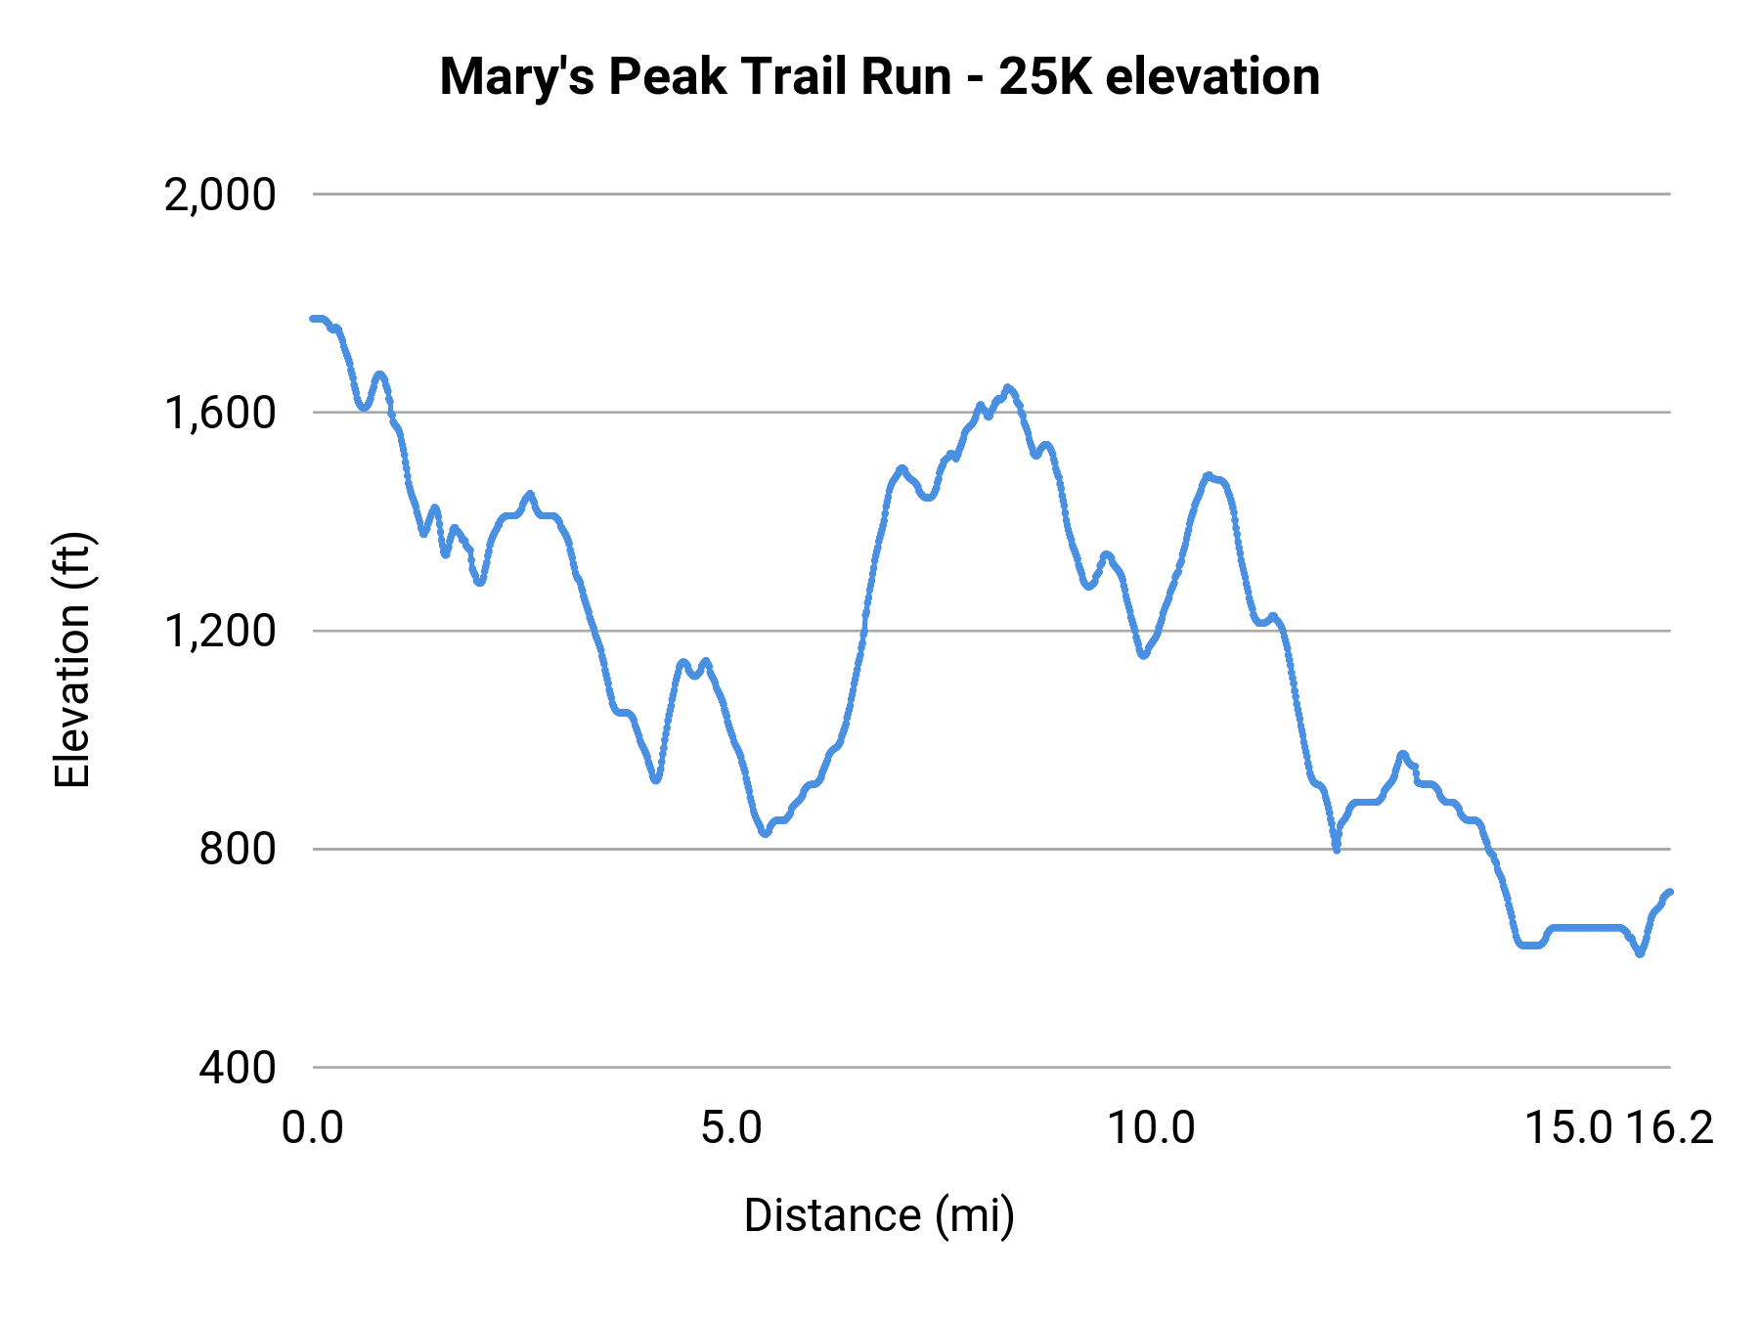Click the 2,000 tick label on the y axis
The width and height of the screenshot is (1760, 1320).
click(x=220, y=196)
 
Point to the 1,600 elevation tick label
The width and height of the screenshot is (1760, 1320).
click(x=220, y=414)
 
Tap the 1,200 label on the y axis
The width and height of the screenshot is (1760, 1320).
click(x=220, y=632)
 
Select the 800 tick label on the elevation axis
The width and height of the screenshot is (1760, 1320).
click(x=238, y=849)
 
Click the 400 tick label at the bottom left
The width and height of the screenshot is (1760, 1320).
click(x=238, y=1068)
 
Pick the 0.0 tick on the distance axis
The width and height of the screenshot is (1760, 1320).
click(x=313, y=1128)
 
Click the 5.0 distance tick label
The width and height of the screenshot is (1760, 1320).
click(x=731, y=1128)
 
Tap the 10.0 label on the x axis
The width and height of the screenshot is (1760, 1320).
click(x=1151, y=1128)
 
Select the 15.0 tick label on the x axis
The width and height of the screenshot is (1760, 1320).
click(x=1568, y=1128)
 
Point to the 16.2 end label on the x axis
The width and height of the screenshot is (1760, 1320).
click(x=1671, y=1128)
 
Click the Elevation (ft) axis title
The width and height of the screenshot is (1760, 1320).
click(x=72, y=660)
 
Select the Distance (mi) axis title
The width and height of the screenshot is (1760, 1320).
click(x=879, y=1215)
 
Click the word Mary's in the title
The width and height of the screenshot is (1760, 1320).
click(x=516, y=76)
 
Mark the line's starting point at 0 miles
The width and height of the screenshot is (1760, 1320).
click(x=313, y=319)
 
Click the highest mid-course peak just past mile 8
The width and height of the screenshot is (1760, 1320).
click(x=1008, y=388)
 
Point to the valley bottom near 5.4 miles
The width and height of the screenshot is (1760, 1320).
click(x=766, y=833)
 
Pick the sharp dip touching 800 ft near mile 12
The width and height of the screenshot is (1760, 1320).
click(x=1336, y=849)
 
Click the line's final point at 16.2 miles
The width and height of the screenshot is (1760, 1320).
click(x=1670, y=892)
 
